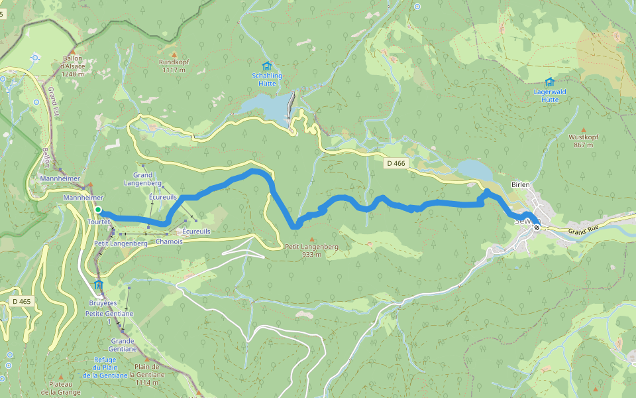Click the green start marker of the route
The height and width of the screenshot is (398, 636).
tap(98, 210)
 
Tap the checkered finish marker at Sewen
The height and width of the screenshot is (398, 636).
tap(537, 227)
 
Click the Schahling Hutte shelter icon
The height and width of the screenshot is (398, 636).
tap(267, 66)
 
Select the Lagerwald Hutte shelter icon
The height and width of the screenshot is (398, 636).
tap(549, 82)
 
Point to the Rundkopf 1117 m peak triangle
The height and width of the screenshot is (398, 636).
tap(174, 54)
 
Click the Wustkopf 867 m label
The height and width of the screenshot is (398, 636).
tap(584, 141)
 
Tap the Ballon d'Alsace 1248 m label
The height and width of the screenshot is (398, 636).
tap(74, 66)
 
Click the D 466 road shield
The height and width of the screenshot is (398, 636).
tap(396, 163)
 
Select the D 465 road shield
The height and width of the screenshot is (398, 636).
tap(21, 301)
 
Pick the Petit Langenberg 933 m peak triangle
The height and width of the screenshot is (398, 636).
tap(312, 239)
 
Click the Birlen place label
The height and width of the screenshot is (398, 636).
tap(520, 185)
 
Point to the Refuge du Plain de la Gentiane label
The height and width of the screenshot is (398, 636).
tap(105, 367)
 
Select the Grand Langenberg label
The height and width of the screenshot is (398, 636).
tap(143, 178)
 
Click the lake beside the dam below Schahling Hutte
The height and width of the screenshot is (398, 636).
tap(265, 106)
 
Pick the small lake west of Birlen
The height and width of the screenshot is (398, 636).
tap(473, 169)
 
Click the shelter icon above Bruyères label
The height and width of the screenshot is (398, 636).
tap(99, 285)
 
